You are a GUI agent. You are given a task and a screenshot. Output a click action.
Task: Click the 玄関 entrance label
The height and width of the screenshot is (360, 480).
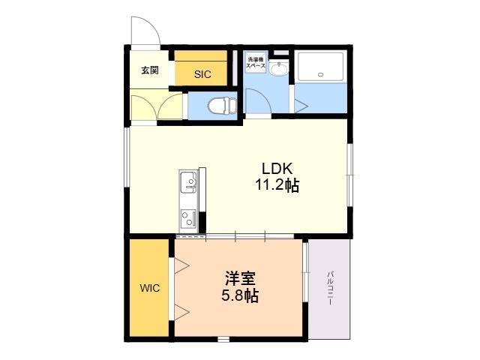click(x=150, y=70)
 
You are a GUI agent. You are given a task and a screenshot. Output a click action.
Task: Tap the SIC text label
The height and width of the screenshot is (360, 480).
click(x=202, y=74)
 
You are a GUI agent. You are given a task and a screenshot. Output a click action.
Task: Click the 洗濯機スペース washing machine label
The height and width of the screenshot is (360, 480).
click(x=255, y=64)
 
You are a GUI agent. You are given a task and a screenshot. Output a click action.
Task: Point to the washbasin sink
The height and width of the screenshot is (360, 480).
click(x=278, y=70)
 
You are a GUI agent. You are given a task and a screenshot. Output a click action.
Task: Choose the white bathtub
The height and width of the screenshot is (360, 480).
click(x=320, y=67)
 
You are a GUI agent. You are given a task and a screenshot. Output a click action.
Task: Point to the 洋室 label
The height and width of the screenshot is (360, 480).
click(x=240, y=277)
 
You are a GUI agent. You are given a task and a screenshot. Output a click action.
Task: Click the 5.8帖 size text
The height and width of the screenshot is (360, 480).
click(x=240, y=295)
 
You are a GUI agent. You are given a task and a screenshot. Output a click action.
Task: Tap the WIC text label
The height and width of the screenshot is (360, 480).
click(x=148, y=288)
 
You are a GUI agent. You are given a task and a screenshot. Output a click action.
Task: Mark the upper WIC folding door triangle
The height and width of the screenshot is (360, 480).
click(x=181, y=264)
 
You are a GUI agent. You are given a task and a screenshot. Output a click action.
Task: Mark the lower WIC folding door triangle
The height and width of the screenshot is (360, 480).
click(x=181, y=310)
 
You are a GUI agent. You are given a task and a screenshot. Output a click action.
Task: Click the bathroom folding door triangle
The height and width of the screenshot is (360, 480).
click(x=300, y=105)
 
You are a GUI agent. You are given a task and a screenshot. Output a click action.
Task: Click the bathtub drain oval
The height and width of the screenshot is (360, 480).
click(x=320, y=74)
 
